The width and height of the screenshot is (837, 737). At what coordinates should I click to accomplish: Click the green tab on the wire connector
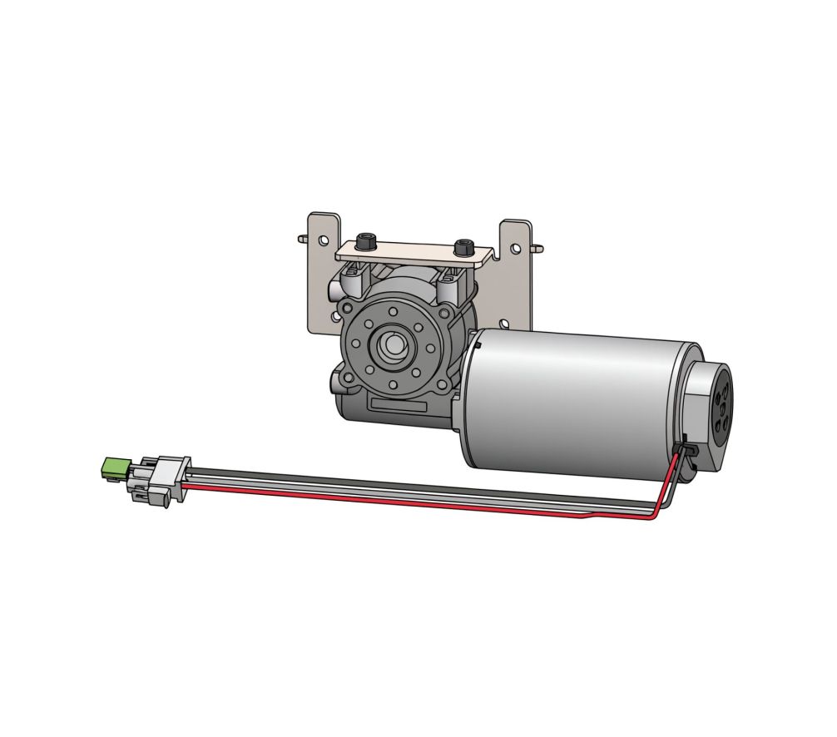pyautogui.click(x=111, y=467)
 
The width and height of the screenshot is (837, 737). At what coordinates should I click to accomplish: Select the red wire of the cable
pyautogui.click(x=416, y=502)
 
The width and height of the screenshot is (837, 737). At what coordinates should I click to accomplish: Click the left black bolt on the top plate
pyautogui.click(x=365, y=243)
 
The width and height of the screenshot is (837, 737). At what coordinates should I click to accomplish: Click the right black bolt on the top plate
pyautogui.click(x=463, y=247)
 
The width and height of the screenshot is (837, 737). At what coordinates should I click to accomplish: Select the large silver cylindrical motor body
pyautogui.click(x=574, y=399)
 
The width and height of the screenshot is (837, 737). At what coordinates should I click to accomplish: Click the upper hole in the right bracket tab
pyautogui.click(x=517, y=247)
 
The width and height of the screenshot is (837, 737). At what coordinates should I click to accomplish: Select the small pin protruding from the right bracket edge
pyautogui.click(x=540, y=247)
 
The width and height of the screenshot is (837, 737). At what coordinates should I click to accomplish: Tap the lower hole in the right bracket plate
pyautogui.click(x=505, y=323)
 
